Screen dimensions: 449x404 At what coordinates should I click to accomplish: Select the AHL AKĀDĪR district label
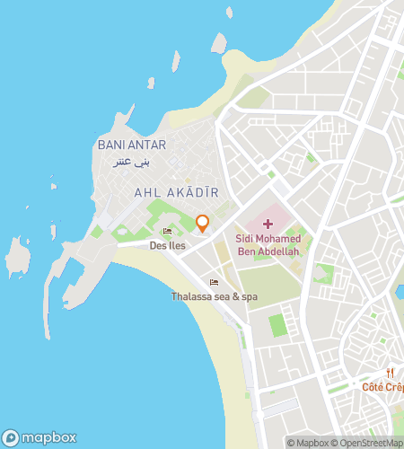176,192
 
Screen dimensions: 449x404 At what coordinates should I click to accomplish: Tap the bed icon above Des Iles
166,232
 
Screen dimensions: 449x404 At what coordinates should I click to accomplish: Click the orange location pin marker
203,223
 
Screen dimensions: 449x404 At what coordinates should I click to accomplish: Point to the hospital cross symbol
268,223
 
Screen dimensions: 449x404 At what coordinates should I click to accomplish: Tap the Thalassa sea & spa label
215,296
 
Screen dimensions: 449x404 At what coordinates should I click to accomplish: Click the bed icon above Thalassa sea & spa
214,282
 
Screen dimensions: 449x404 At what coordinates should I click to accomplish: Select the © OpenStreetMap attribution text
369,442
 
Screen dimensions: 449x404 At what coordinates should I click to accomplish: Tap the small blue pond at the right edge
400,292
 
